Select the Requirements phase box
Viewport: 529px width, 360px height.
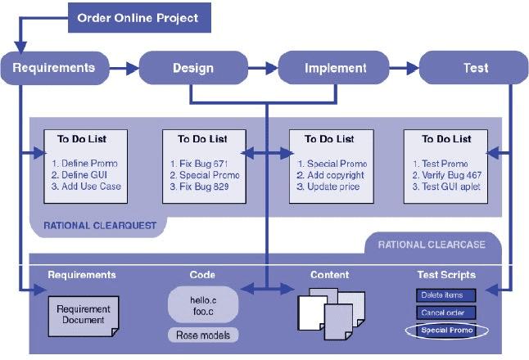coord(54,68)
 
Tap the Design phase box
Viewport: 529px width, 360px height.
coord(193,68)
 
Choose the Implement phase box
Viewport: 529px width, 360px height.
coord(335,68)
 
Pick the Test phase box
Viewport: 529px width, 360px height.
coord(476,68)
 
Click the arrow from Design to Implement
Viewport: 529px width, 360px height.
coord(263,69)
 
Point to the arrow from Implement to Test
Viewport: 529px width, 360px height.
coord(404,69)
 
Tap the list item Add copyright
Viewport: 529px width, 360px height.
coord(328,175)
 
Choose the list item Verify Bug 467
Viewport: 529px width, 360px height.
coord(447,175)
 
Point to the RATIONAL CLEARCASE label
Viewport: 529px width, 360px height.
coord(432,244)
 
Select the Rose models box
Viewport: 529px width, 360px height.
coord(204,334)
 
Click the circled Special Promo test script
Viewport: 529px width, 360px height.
coord(447,331)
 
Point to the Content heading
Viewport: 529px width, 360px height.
coord(329,275)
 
